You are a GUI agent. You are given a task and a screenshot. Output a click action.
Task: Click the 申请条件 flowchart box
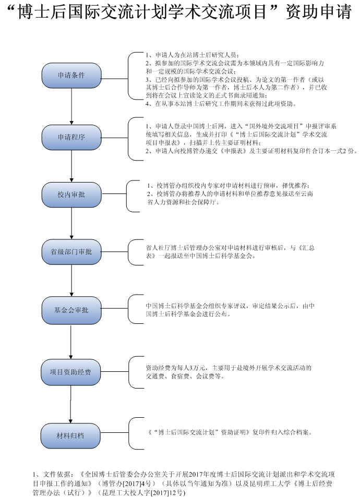click(x=71, y=75)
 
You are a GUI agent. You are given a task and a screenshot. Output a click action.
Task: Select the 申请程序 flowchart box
click(x=71, y=137)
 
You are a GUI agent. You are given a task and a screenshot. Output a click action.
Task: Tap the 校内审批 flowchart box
click(x=71, y=194)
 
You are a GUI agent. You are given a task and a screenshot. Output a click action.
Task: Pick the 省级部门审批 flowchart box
click(x=71, y=251)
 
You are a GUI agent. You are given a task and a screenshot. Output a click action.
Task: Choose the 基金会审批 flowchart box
click(x=71, y=310)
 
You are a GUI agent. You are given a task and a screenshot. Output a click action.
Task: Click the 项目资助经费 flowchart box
click(x=71, y=371)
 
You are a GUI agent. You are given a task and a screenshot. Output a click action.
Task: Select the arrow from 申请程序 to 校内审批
click(x=71, y=165)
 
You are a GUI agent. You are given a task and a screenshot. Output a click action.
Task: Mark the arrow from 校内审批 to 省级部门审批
click(x=71, y=223)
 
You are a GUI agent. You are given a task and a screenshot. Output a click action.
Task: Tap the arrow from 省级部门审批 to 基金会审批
click(x=71, y=281)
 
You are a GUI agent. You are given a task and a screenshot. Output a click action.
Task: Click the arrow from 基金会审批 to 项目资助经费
click(x=71, y=341)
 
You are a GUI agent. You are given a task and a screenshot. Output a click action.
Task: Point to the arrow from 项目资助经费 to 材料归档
click(x=71, y=403)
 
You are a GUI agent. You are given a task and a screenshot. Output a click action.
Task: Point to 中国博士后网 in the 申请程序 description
click(x=193, y=126)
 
